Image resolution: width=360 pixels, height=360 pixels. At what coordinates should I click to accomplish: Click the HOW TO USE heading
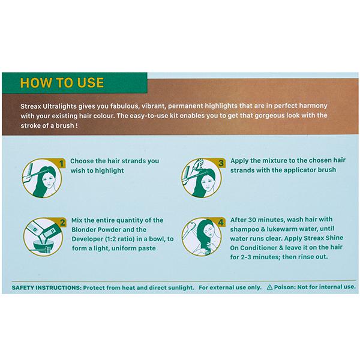point(62,83)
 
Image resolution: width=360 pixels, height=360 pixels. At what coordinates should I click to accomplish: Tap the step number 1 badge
point(61,164)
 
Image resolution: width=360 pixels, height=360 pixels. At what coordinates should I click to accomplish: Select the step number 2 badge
point(62,223)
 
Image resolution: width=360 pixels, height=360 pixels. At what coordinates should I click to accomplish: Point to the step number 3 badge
point(221,163)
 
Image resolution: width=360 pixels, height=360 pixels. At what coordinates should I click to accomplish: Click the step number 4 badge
point(221,222)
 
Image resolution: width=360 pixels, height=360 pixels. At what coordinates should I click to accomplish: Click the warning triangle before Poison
point(270,287)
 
